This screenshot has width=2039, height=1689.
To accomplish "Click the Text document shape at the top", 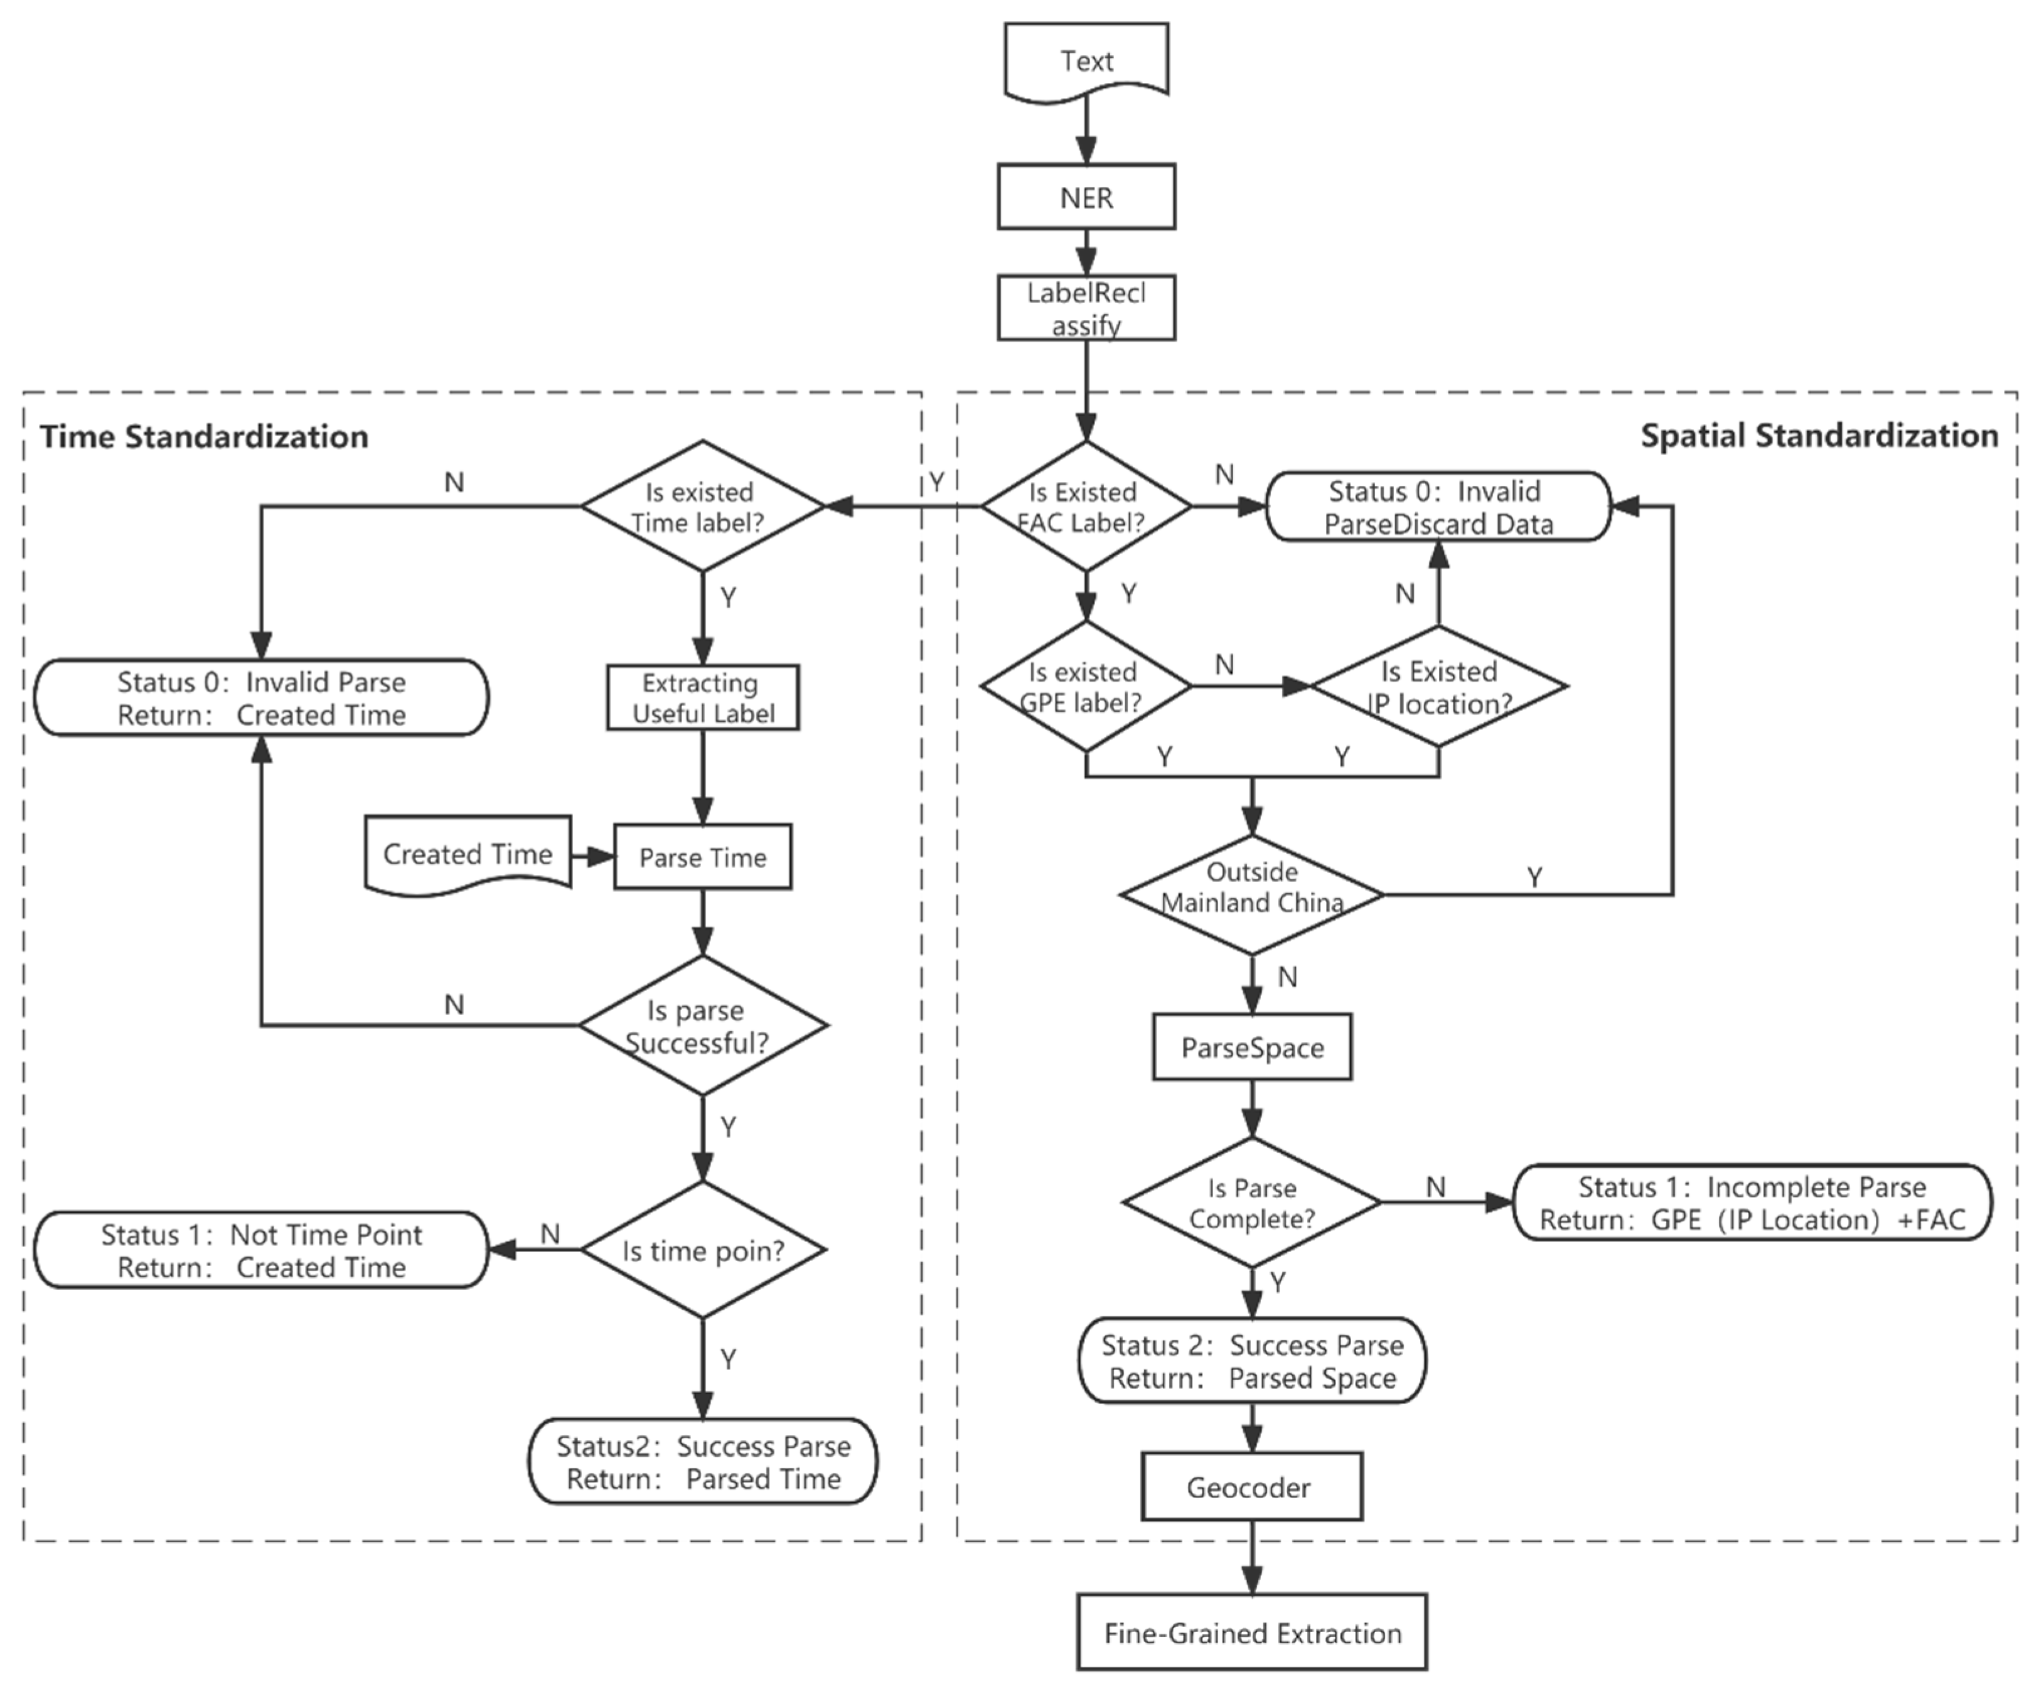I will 1086,61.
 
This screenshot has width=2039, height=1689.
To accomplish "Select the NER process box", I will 1086,197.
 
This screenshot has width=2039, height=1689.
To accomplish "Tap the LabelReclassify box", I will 1086,308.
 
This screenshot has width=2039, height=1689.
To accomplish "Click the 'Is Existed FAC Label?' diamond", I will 1084,506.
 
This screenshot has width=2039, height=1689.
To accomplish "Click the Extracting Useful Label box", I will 702,697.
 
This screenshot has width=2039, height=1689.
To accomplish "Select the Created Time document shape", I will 467,854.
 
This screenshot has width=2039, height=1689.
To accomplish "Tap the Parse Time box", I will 702,857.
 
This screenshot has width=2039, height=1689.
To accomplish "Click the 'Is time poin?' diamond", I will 702,1250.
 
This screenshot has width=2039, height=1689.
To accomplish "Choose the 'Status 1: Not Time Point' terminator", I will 260,1250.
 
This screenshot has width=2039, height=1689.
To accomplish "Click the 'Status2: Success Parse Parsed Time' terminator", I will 702,1462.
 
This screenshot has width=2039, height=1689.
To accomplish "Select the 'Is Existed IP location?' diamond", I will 1438,687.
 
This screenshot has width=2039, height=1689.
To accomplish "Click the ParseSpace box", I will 1251,1047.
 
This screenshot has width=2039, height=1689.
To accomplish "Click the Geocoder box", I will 1251,1487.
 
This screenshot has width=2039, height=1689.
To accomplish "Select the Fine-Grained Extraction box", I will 1251,1633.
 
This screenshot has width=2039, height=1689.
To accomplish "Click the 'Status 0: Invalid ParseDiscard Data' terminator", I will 1438,507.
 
